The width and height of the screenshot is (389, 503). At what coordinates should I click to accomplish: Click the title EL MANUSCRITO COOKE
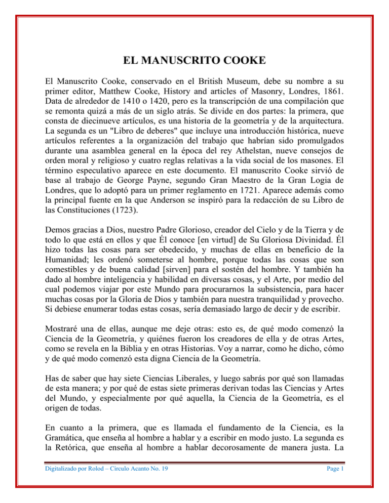pyautogui.click(x=194, y=62)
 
